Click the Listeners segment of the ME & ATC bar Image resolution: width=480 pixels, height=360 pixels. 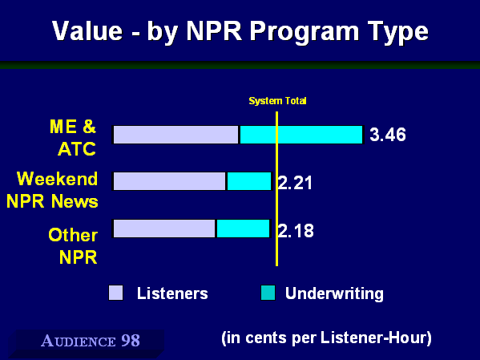coord(175,135)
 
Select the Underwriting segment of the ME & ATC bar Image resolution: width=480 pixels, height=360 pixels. coord(301,135)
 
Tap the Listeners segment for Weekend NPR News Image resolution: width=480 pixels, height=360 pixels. coord(169,181)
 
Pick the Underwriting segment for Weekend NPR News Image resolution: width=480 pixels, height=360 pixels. coord(249,181)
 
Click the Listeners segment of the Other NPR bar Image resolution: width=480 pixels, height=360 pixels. coord(164,229)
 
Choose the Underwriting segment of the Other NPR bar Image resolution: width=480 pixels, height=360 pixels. coord(243,229)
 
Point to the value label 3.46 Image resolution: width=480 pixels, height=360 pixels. coord(388,135)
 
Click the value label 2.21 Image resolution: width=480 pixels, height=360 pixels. coord(295,183)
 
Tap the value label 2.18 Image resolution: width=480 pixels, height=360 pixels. coord(296,231)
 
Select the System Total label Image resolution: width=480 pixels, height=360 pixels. coord(277,101)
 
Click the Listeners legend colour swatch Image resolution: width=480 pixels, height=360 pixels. coord(115,293)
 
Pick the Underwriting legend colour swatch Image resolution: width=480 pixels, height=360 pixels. coord(268,293)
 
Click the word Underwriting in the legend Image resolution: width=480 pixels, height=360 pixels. coord(334,293)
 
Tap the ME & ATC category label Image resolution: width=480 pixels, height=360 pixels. coord(73,138)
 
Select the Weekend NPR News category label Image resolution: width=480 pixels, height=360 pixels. coord(52,190)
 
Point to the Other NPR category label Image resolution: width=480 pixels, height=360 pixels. coord(73,246)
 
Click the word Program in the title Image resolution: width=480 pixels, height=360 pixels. coord(305,32)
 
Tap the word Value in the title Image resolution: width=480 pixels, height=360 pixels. coord(87,30)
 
